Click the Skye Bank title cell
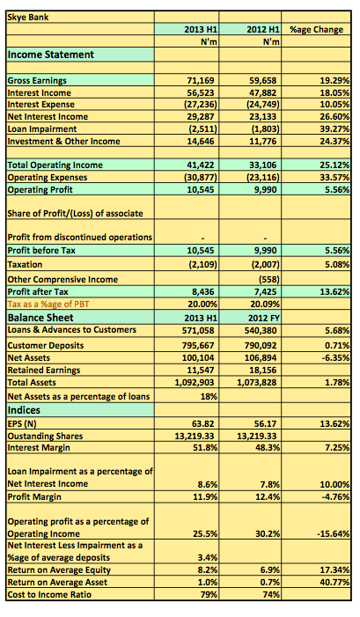tap(28, 18)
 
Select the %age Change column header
tap(316, 30)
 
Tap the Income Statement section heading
tap(51, 55)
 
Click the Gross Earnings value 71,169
tap(201, 81)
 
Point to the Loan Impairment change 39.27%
tap(334, 129)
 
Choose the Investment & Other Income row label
tap(63, 141)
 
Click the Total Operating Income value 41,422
tap(201, 165)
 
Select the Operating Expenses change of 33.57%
tap(334, 178)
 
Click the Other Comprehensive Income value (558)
tap(269, 280)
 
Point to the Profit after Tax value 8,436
tap(203, 292)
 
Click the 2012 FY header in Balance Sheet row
tap(263, 318)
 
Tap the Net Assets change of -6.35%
tap(334, 357)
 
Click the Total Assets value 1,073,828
tap(257, 383)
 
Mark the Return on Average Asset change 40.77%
tap(334, 583)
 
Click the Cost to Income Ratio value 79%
tap(209, 595)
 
